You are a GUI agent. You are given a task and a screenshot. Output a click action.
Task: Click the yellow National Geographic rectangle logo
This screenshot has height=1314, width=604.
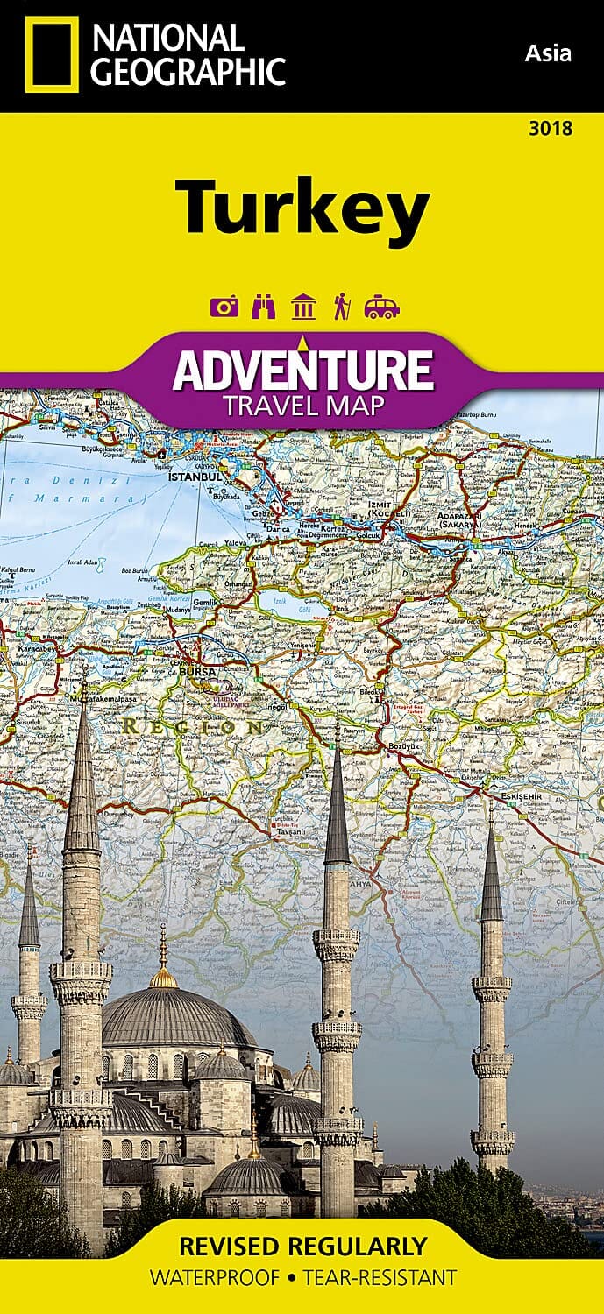[52, 54]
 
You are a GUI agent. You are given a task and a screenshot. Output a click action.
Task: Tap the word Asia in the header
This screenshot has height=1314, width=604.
[548, 53]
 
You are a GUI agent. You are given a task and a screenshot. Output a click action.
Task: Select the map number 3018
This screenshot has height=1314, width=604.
[551, 129]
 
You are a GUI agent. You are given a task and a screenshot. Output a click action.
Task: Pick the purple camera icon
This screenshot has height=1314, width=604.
[224, 307]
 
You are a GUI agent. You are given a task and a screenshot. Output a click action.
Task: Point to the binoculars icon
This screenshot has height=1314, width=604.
[264, 307]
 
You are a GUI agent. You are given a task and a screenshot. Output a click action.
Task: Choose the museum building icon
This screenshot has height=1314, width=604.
[303, 307]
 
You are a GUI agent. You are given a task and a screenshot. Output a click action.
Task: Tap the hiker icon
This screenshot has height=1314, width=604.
[340, 307]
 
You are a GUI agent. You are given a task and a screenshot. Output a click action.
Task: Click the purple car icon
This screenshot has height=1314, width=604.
[381, 307]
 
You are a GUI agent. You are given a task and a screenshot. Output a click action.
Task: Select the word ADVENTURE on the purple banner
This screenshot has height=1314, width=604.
[302, 371]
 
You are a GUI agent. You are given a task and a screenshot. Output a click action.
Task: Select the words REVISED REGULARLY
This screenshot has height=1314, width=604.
[302, 1247]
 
